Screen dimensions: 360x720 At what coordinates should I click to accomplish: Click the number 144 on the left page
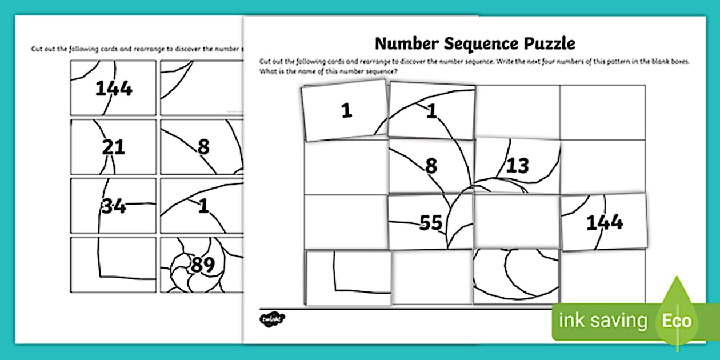click(x=114, y=89)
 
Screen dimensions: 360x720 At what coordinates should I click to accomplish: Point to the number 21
click(x=113, y=147)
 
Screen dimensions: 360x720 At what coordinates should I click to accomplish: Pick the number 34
click(x=114, y=206)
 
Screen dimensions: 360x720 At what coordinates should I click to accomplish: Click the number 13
click(x=517, y=166)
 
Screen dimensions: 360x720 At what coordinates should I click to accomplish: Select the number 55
click(x=431, y=223)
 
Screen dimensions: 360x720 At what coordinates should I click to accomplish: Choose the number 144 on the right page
click(x=605, y=222)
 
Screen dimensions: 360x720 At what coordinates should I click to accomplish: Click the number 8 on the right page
click(x=431, y=166)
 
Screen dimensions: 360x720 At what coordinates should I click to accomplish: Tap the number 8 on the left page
click(x=203, y=147)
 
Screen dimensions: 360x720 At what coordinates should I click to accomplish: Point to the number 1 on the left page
click(x=203, y=206)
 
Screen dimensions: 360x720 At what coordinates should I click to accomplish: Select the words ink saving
click(x=603, y=321)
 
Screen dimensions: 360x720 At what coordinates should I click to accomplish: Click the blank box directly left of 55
click(x=346, y=222)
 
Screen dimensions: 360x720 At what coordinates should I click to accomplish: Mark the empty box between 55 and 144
click(x=517, y=222)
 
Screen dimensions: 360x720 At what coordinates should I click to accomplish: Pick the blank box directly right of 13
click(x=603, y=166)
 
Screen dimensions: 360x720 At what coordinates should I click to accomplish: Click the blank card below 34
click(x=113, y=265)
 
